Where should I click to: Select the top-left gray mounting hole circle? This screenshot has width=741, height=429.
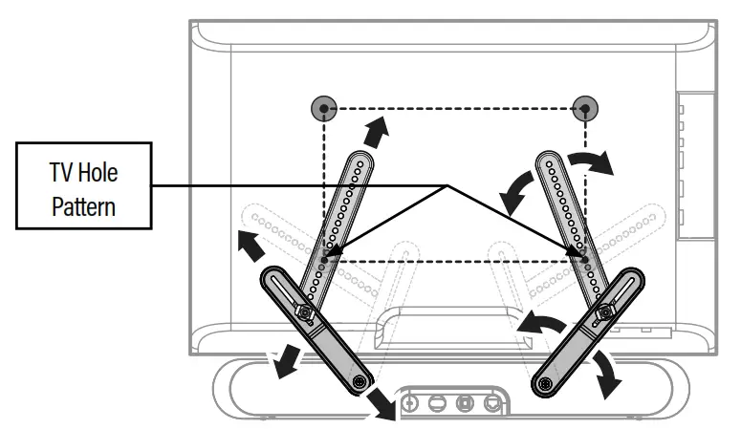(326, 109)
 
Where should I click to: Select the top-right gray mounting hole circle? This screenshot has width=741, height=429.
(584, 109)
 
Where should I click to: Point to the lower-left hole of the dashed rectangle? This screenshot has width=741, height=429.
(326, 257)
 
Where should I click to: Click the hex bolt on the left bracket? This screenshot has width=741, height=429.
(304, 311)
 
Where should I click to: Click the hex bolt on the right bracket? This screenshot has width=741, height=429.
(603, 311)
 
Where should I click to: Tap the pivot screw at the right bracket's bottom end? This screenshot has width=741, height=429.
(545, 382)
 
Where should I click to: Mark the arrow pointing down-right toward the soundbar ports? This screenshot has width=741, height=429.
(381, 403)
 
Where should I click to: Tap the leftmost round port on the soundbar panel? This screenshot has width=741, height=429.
(412, 403)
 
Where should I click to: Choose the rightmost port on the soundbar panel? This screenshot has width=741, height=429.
(491, 403)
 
